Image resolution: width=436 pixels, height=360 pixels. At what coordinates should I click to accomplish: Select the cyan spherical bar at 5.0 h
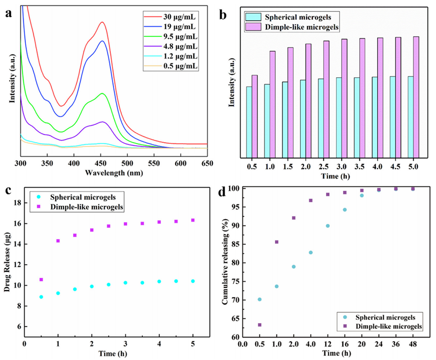(410, 116)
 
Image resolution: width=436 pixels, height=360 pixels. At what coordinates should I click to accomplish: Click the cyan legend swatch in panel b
(253, 17)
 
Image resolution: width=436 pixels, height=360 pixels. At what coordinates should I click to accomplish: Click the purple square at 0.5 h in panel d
(259, 325)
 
